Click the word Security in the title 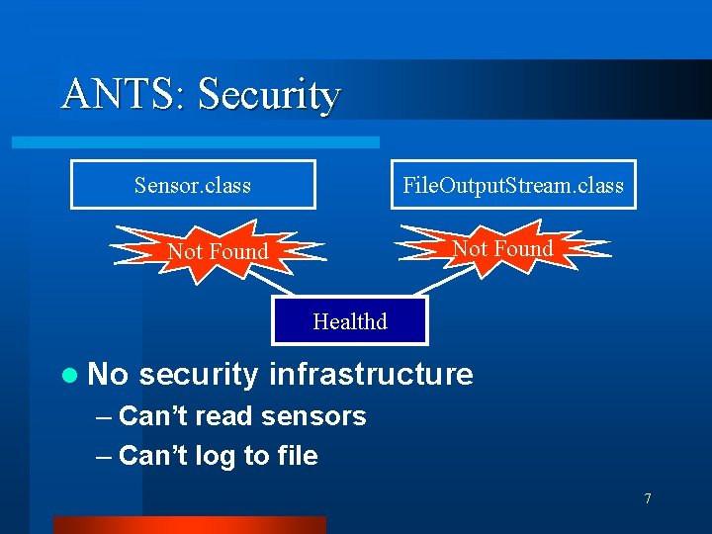(x=269, y=95)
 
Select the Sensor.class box (x=193, y=185)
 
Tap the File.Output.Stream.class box (x=513, y=185)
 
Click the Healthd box (x=350, y=320)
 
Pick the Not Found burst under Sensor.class (x=218, y=251)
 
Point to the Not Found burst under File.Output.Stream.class (x=502, y=248)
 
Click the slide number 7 (x=648, y=498)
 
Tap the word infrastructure (x=371, y=374)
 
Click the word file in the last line (x=297, y=455)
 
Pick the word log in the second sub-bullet (x=216, y=456)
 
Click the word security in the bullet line (x=199, y=374)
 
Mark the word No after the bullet (x=108, y=374)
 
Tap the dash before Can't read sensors (x=105, y=416)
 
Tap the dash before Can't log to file (x=105, y=456)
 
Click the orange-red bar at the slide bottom (x=189, y=525)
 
